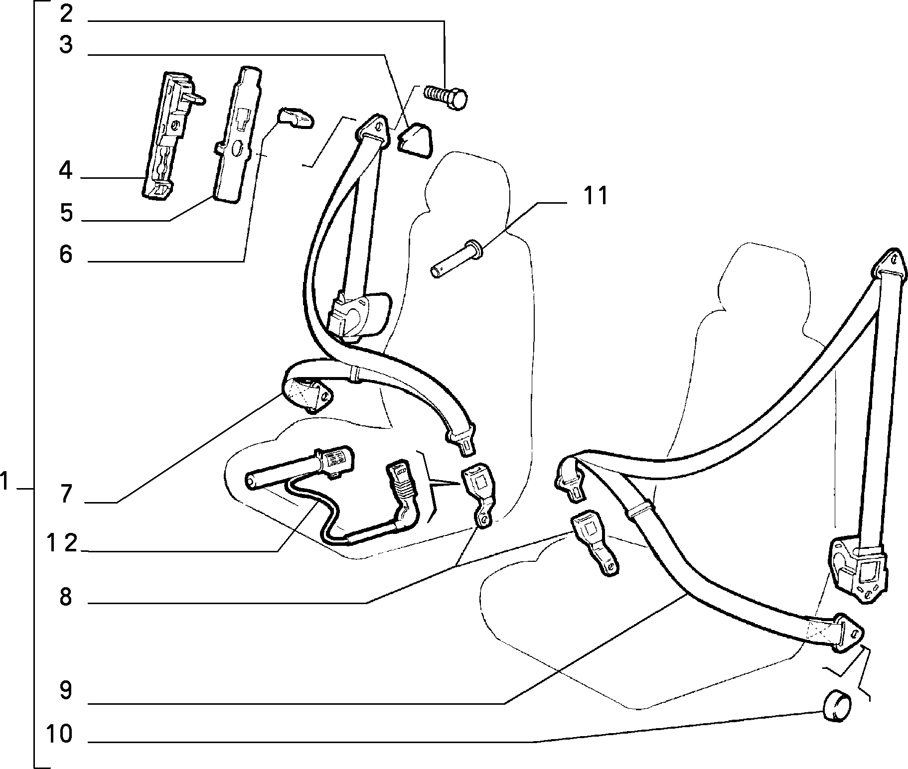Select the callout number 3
pyautogui.click(x=66, y=45)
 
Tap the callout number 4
pyautogui.click(x=66, y=171)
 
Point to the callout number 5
pyautogui.click(x=66, y=213)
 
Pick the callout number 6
pyautogui.click(x=66, y=255)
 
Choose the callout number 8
pyautogui.click(x=66, y=596)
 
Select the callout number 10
pyautogui.click(x=59, y=734)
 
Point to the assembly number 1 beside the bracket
pyautogui.click(x=5, y=482)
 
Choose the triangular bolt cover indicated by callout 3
pyautogui.click(x=415, y=141)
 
